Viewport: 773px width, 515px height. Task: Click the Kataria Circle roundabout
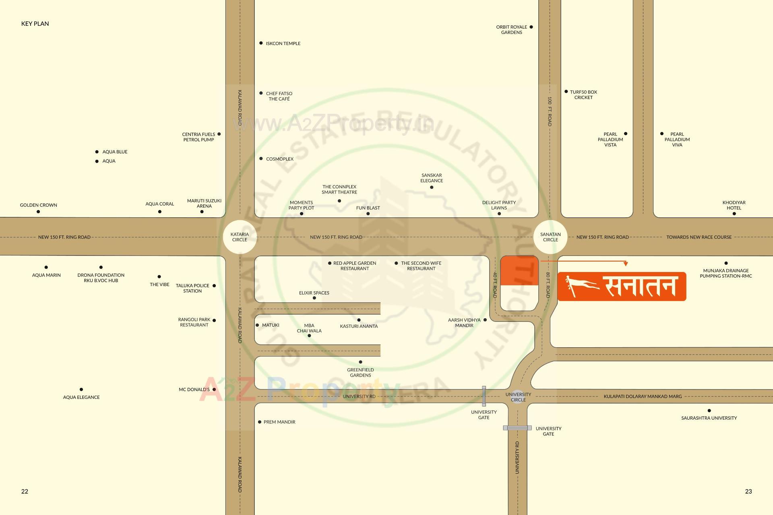[x=240, y=237]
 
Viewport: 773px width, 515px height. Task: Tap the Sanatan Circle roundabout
[x=550, y=237]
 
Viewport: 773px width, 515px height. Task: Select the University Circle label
[x=518, y=397]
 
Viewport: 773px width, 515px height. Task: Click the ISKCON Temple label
[x=283, y=43]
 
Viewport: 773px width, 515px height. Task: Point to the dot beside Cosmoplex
[x=261, y=159]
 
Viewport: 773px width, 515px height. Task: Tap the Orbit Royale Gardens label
[x=511, y=30]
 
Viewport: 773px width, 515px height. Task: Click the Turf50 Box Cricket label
[x=583, y=95]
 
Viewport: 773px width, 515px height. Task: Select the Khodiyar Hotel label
[x=734, y=205]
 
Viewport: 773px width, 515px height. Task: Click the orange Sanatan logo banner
[x=622, y=286]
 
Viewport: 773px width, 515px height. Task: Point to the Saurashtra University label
[x=709, y=418]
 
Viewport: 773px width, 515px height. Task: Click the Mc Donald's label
[x=194, y=389]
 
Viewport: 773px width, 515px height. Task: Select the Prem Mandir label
[x=279, y=422]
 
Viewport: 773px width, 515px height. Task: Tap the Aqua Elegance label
[x=81, y=397]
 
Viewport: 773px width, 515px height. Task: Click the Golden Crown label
[x=39, y=205]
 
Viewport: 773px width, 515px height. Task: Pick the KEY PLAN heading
[x=35, y=24]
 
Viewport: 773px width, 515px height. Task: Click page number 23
[x=748, y=491]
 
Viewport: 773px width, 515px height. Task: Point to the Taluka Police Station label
[x=192, y=288]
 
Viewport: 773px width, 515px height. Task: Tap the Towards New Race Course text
[x=699, y=237]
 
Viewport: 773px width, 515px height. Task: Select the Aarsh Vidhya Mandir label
[x=464, y=323]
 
